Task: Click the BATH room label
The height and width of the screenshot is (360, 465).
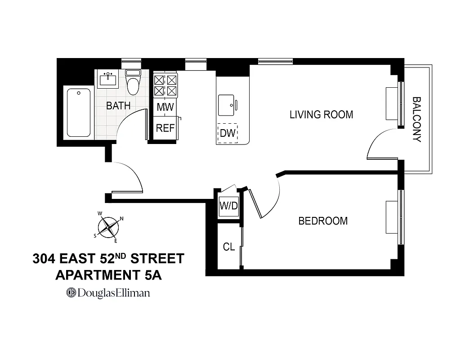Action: (118, 106)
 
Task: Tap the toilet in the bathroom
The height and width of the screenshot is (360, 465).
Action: (133, 83)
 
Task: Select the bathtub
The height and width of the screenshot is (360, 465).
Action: (79, 112)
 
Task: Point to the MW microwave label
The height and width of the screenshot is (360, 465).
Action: (165, 108)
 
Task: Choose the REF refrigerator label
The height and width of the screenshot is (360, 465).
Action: (165, 128)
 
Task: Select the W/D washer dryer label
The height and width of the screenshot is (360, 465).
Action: (228, 207)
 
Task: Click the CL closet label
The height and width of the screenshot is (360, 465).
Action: (229, 247)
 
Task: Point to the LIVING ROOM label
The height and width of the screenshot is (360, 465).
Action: (321, 115)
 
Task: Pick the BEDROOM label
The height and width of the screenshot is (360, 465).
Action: (323, 221)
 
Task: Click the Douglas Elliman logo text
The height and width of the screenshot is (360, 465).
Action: (108, 293)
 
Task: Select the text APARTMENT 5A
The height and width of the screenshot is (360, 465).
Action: (108, 275)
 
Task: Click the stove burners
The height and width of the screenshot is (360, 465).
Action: (165, 85)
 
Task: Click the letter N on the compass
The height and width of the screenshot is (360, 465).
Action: (122, 219)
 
